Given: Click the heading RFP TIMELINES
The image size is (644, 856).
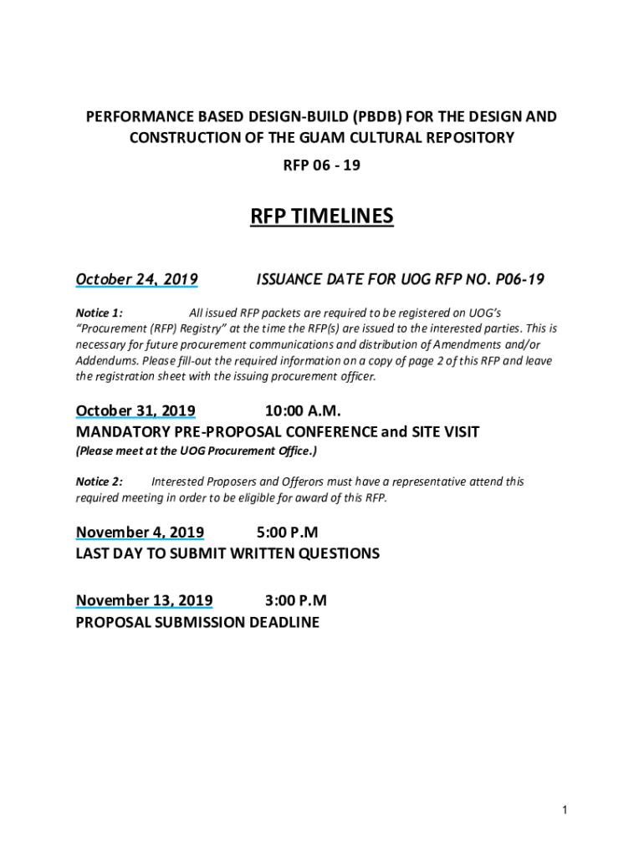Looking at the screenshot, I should [321, 217].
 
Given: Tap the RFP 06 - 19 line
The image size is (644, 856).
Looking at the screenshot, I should [321, 166].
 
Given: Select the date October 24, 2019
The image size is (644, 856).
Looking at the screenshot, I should [136, 279].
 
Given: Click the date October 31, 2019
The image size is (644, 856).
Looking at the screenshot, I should [135, 410].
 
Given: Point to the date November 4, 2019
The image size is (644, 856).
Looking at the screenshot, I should [140, 532].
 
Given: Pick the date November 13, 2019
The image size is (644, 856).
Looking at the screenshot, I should [144, 600].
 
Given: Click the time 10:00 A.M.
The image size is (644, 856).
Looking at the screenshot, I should [303, 410].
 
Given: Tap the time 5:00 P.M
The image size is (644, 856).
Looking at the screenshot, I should [287, 532].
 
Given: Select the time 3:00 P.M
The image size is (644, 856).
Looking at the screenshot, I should [295, 600].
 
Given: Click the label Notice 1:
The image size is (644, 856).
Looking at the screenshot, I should [100, 313].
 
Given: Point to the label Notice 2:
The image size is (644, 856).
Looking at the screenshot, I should [100, 481].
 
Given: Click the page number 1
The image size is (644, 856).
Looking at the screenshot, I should [565, 810].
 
